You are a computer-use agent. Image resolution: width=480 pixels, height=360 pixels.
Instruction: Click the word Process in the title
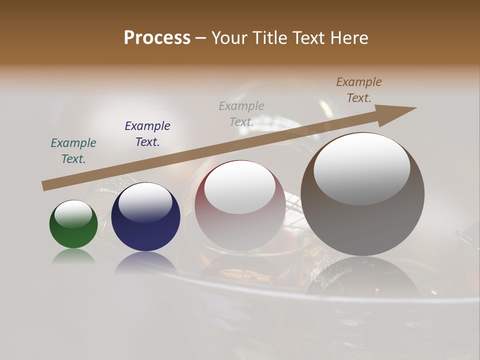(x=157, y=38)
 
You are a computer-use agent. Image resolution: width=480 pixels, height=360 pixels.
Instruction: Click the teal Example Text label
(x=73, y=150)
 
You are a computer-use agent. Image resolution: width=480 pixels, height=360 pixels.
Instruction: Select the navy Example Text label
(x=147, y=133)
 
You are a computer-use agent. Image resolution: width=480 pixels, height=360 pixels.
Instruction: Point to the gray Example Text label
(x=241, y=113)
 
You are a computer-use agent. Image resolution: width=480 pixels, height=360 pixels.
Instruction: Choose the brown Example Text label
(x=359, y=89)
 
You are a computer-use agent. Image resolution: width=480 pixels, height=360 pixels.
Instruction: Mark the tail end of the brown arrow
(x=46, y=185)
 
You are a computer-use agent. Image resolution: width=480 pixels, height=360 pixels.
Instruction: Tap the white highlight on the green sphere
(x=73, y=213)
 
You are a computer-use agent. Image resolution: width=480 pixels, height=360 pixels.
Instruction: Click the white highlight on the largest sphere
(x=362, y=167)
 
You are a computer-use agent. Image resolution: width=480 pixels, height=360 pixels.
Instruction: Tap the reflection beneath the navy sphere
(x=145, y=262)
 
